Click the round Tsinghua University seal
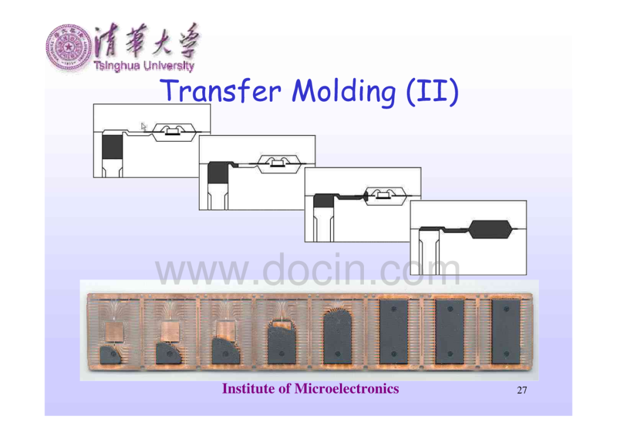pyautogui.click(x=69, y=47)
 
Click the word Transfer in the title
pyautogui.click(x=221, y=90)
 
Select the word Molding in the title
pyautogui.click(x=343, y=91)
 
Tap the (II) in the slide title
pyautogui.click(x=432, y=91)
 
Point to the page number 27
pyautogui.click(x=522, y=390)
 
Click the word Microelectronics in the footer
pyautogui.click(x=347, y=389)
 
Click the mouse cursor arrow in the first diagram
pyautogui.click(x=143, y=127)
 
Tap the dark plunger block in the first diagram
pyautogui.click(x=112, y=147)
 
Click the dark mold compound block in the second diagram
pyautogui.click(x=218, y=173)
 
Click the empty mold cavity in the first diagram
pyautogui.click(x=174, y=132)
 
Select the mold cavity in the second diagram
pyautogui.click(x=279, y=163)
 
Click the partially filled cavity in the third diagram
pyautogui.click(x=385, y=195)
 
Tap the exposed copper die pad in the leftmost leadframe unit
pyautogui.click(x=114, y=331)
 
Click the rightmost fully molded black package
pyautogui.click(x=506, y=331)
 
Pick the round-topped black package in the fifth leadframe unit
pyautogui.click(x=337, y=337)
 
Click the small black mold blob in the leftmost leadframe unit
pyautogui.click(x=111, y=355)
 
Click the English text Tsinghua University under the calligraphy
pyautogui.click(x=144, y=66)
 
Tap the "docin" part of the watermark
pyautogui.click(x=316, y=270)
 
